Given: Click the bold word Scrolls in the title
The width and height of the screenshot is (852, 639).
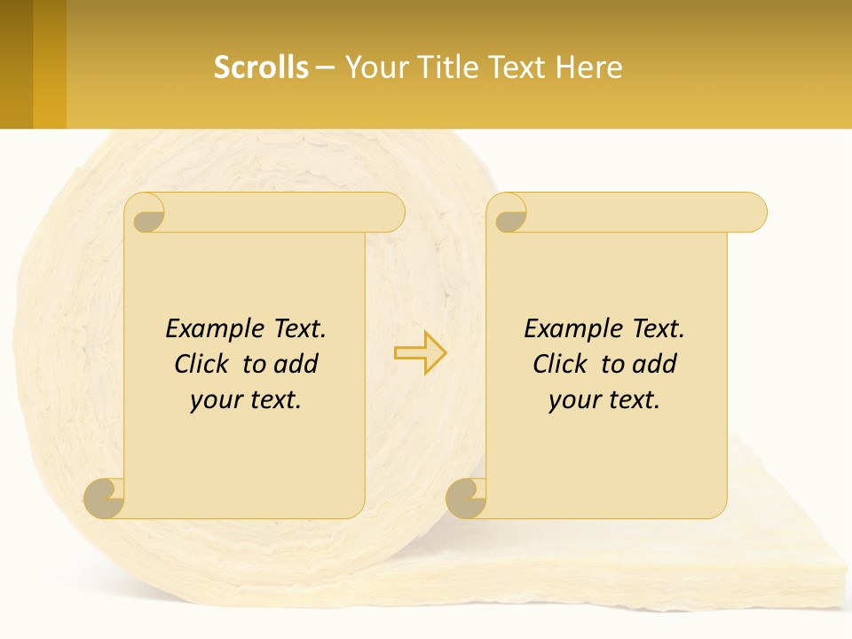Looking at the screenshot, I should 261,67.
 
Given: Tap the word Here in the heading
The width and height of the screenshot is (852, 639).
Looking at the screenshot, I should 588,67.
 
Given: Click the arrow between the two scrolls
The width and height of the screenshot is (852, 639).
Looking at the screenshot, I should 421,353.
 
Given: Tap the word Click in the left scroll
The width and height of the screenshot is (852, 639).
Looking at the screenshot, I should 203,364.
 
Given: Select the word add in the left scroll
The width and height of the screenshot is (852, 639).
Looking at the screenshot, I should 297,364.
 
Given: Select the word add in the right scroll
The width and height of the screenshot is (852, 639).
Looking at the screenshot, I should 656,364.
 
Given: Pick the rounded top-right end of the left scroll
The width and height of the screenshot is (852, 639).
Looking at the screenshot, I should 390,213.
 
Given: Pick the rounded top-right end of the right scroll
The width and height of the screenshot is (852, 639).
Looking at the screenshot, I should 753,213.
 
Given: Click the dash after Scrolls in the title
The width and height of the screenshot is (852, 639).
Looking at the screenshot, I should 325,67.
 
